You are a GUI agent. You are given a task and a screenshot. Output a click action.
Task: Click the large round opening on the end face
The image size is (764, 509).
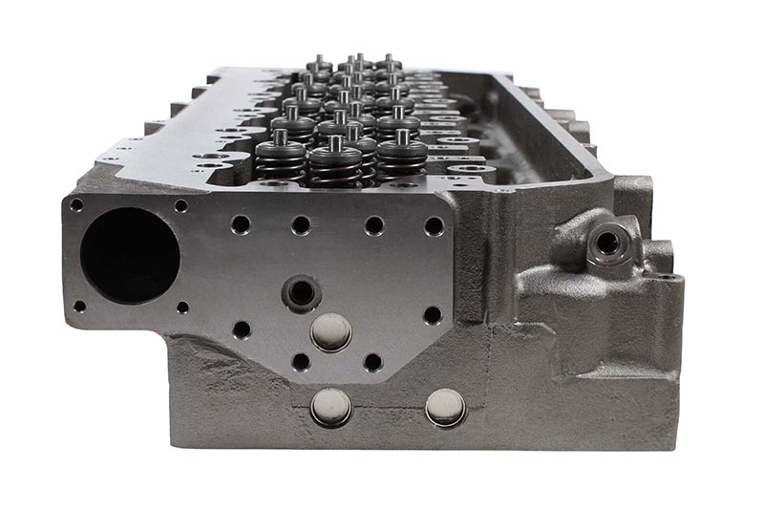click(x=130, y=255)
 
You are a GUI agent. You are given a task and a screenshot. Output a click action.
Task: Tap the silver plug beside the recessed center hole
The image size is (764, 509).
click(x=331, y=331)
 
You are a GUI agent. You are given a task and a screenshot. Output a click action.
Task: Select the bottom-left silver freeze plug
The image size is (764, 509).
click(x=331, y=407)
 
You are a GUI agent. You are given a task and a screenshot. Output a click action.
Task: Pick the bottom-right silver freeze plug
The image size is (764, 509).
click(x=445, y=407)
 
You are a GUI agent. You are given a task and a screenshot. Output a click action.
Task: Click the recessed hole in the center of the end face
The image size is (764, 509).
click(x=302, y=291)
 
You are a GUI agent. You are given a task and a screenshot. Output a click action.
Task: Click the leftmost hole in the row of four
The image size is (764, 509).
click(x=241, y=224)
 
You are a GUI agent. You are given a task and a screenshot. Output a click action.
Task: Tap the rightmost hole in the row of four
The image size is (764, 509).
click(x=435, y=226)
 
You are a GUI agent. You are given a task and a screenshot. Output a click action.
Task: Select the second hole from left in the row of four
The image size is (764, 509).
click(x=301, y=225)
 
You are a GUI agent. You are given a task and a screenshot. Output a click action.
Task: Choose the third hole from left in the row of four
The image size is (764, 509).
click(x=373, y=225)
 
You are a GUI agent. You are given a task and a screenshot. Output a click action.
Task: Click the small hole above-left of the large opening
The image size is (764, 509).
click(x=76, y=205)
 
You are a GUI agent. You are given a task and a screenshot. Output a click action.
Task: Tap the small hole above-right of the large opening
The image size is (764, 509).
click(x=180, y=205)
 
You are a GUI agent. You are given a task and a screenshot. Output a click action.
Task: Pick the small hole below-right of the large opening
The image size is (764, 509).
click(x=181, y=308)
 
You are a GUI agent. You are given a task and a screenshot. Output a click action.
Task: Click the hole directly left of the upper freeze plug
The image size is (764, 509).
click(x=242, y=330)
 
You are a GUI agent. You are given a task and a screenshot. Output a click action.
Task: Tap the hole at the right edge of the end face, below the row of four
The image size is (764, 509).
click(x=433, y=314)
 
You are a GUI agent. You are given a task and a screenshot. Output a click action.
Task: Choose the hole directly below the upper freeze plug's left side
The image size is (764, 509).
click(x=301, y=362)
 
